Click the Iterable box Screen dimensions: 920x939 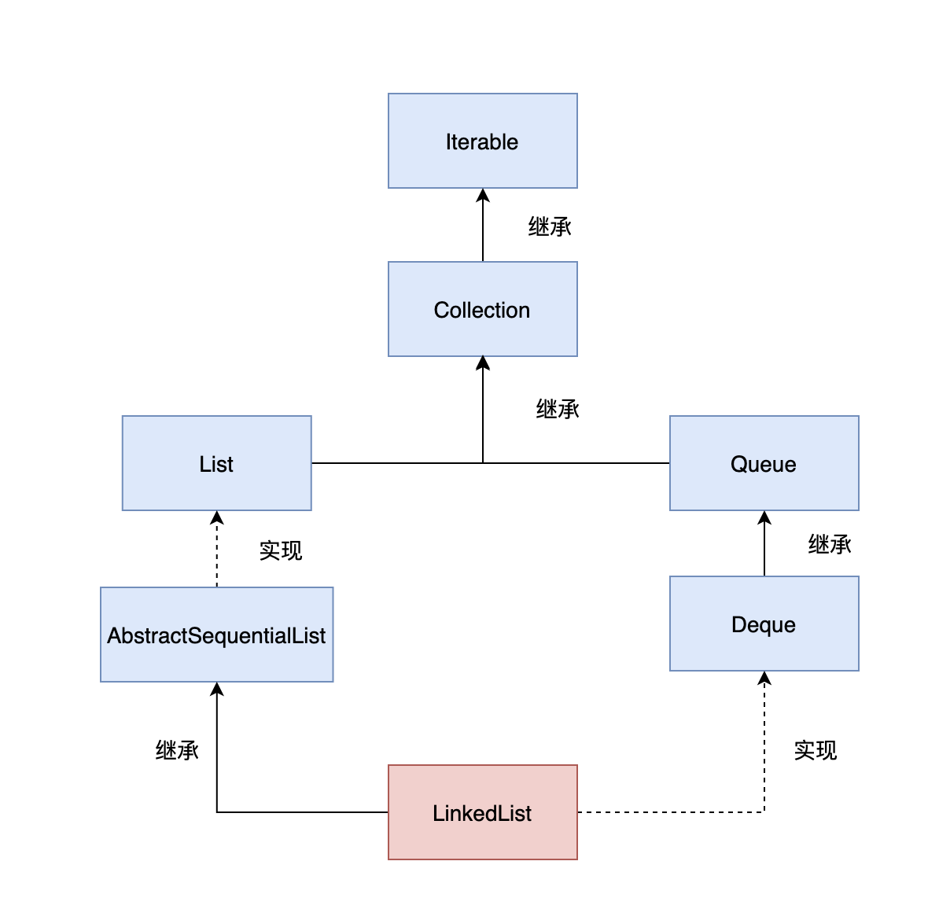click(482, 142)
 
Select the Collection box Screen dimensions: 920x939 click(482, 310)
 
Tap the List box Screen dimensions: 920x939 click(216, 464)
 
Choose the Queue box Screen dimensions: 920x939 click(764, 464)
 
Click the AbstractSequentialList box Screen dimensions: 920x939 click(216, 635)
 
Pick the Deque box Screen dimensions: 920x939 click(764, 624)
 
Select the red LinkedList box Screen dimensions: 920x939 click(482, 812)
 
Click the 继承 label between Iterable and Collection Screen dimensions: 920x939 click(550, 227)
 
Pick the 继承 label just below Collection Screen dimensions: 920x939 click(558, 410)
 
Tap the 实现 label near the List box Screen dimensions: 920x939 click(281, 550)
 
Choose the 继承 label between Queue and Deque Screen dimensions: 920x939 click(830, 545)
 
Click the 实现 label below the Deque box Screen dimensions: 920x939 click(816, 751)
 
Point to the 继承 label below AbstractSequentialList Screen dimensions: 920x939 click(177, 751)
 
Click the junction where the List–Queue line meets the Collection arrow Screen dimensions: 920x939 click(483, 463)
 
